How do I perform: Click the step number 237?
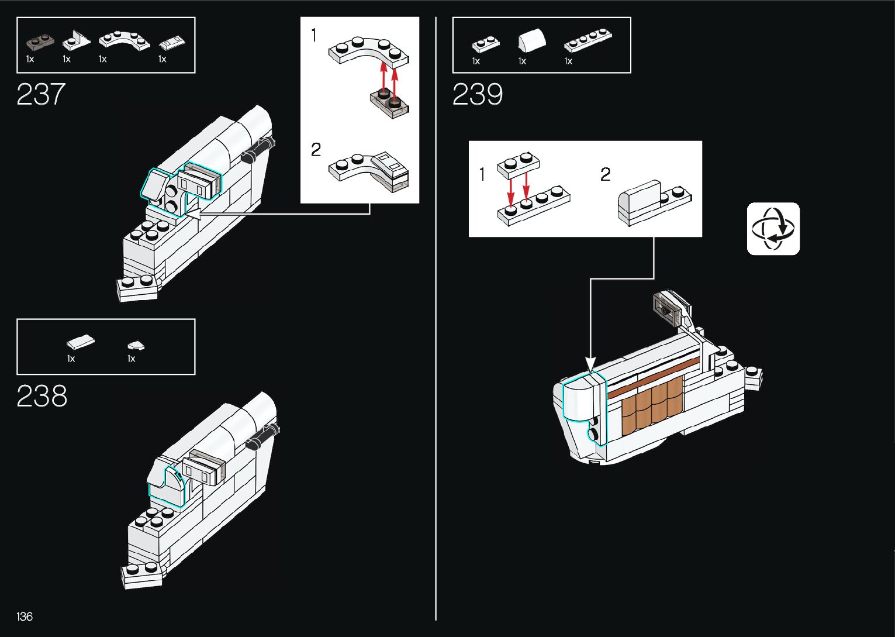coord(41,94)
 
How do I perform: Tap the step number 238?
coord(42,396)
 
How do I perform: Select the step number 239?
coord(477,94)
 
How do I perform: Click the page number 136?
coord(25,617)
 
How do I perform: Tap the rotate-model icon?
coord(773,229)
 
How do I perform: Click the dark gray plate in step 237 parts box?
coord(40,42)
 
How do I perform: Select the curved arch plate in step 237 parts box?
coord(124,40)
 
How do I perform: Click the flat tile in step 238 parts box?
coord(80,342)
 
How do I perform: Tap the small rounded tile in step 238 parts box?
coord(136,345)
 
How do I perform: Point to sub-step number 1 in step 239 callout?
coord(482,174)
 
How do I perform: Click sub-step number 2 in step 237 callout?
coord(316,150)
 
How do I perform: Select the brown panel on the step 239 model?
coord(652,404)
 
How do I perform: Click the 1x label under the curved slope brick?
coord(522,61)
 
